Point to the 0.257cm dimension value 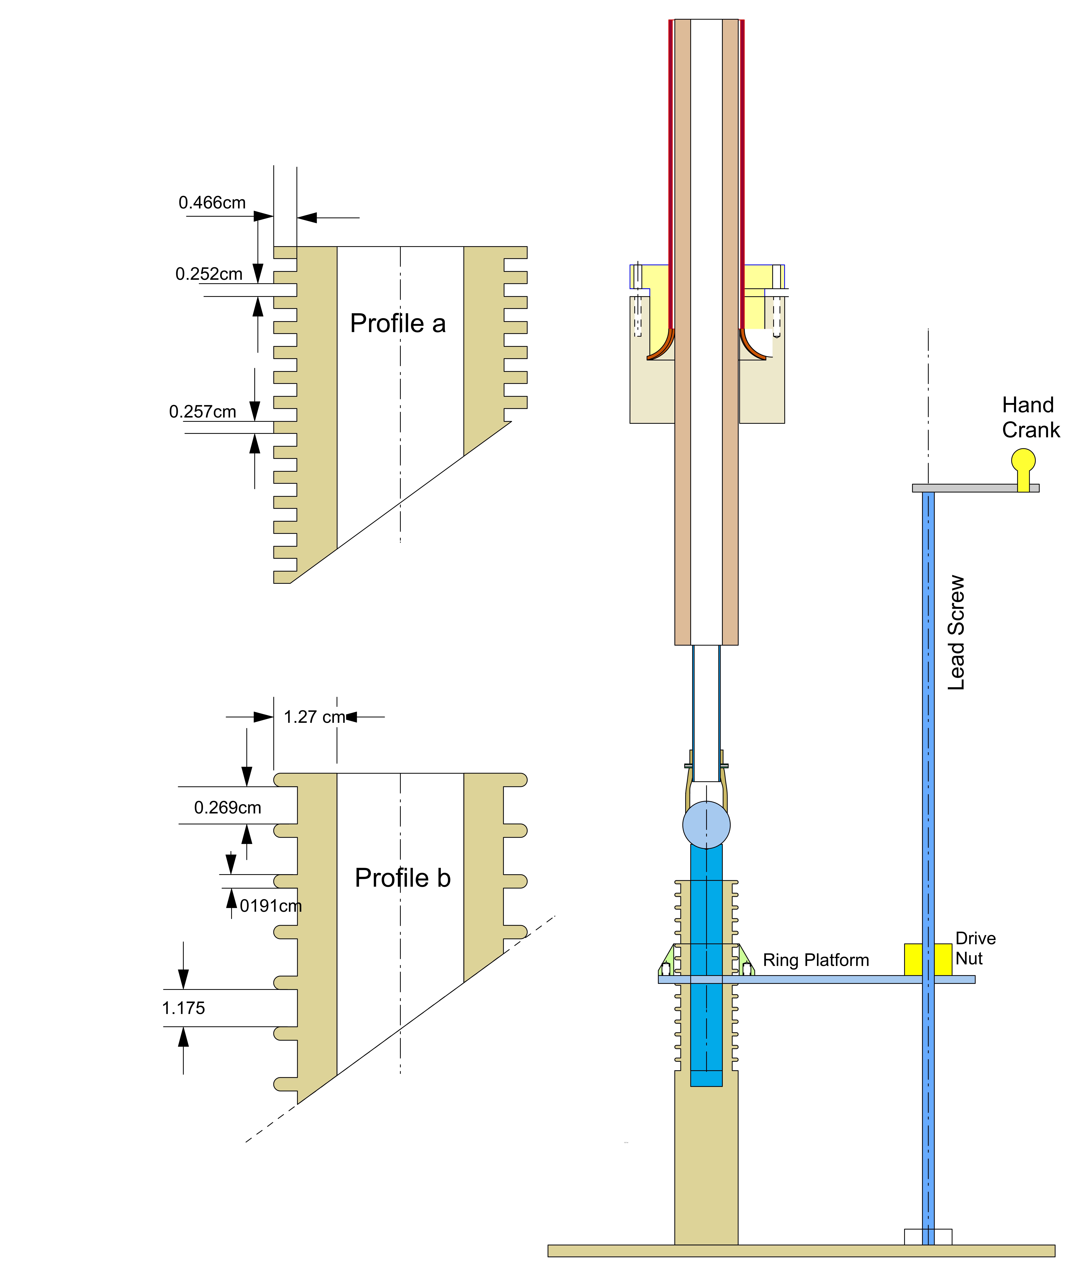click(202, 412)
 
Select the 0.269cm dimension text click(227, 808)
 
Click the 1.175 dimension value click(183, 1008)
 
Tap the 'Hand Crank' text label click(1030, 417)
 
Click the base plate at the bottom click(800, 1251)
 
